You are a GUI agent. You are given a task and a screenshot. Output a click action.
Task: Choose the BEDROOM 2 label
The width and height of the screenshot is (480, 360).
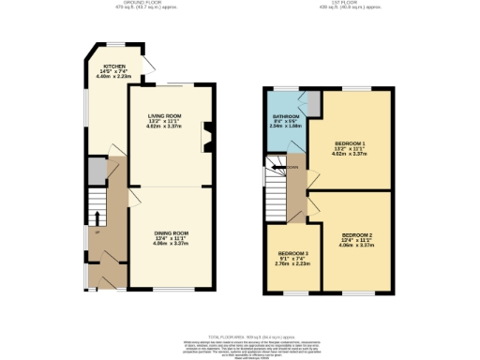357,234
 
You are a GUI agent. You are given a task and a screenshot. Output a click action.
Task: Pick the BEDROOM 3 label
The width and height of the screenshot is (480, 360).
292,254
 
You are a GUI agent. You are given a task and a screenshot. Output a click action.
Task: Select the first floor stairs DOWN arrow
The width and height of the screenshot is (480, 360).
290,168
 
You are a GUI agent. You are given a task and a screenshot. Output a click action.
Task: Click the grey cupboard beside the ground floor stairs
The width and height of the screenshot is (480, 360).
95,171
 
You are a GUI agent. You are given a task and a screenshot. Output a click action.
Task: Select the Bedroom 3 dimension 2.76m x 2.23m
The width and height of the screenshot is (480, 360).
292,265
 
